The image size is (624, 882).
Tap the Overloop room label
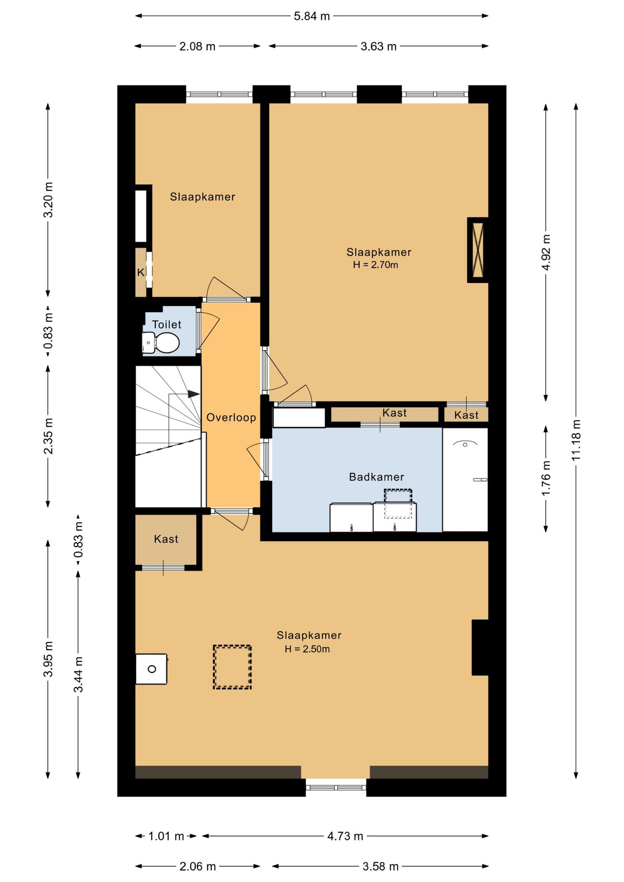click(x=231, y=418)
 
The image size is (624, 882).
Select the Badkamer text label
click(x=377, y=477)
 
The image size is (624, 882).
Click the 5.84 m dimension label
click(x=312, y=16)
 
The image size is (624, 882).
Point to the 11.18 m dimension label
click(x=576, y=440)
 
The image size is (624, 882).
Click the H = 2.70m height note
click(x=375, y=265)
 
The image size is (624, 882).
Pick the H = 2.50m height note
click(x=307, y=649)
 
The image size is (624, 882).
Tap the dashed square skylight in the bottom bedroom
click(x=232, y=667)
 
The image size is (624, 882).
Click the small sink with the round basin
click(x=151, y=669)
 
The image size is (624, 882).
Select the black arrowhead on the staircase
click(x=193, y=394)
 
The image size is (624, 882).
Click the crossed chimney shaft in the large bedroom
click(x=478, y=250)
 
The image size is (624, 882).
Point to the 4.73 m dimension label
click(x=345, y=836)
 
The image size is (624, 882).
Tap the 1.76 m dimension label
click(x=546, y=478)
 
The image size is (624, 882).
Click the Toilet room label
click(x=167, y=324)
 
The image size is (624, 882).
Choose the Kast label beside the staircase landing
click(x=166, y=539)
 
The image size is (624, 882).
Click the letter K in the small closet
click(x=141, y=272)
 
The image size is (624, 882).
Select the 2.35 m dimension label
click(x=48, y=436)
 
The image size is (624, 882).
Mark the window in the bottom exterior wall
click(x=336, y=787)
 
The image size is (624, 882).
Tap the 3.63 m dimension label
click(x=379, y=46)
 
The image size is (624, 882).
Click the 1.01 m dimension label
click(x=166, y=836)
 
